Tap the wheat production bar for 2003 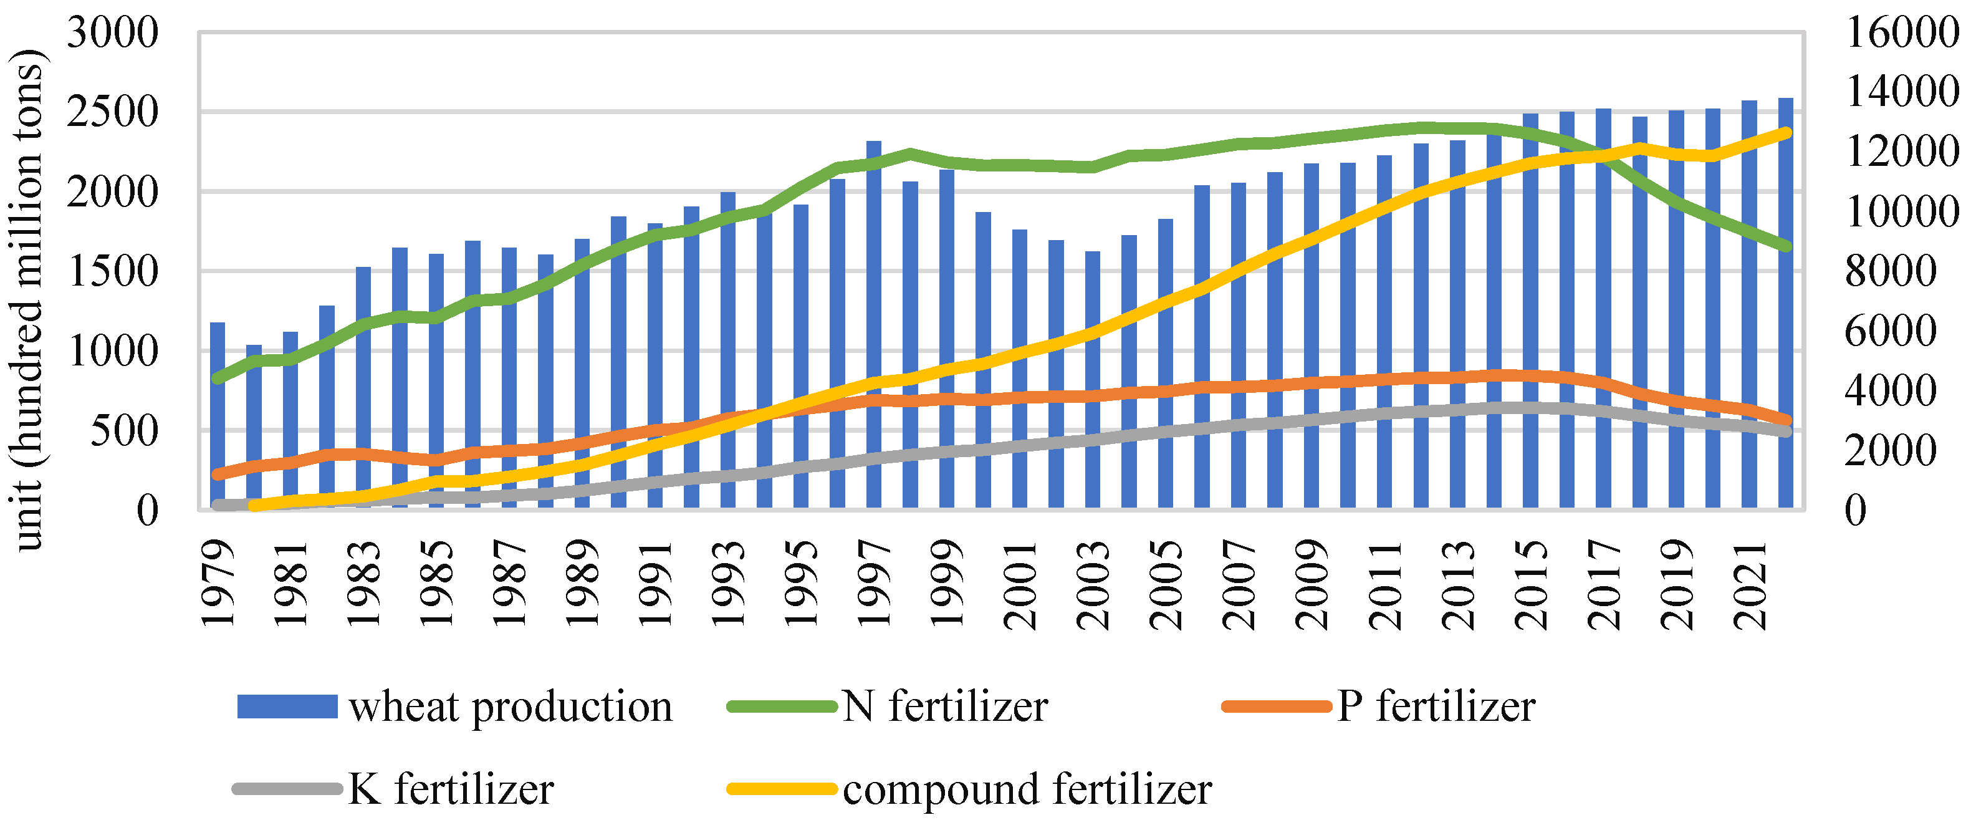pyautogui.click(x=1093, y=380)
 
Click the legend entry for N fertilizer pyautogui.click(x=944, y=706)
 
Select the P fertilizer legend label pyautogui.click(x=1436, y=706)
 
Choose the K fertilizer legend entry pyautogui.click(x=450, y=788)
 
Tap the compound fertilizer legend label pyautogui.click(x=1027, y=788)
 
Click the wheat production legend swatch pyautogui.click(x=287, y=706)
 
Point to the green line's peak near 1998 pyautogui.click(x=911, y=153)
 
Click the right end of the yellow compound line pyautogui.click(x=1786, y=132)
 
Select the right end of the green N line pyautogui.click(x=1786, y=246)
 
